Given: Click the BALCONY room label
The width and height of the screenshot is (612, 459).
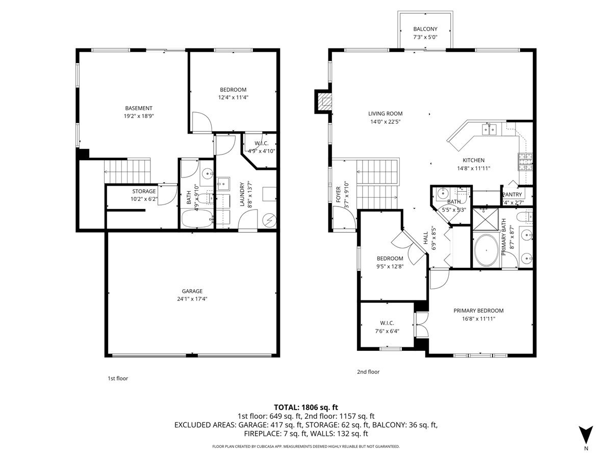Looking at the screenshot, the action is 425,29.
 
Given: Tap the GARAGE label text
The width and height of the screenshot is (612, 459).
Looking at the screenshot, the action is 192,291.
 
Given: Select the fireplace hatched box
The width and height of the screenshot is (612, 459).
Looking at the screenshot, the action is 325,101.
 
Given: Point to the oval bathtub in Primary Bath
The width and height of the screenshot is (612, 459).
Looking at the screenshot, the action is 486,250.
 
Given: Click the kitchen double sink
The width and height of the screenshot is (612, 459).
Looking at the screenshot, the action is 489,130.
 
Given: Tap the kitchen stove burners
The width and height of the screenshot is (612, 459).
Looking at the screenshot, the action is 525,162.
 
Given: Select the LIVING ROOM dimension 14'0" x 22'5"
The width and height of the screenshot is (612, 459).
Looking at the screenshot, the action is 386,121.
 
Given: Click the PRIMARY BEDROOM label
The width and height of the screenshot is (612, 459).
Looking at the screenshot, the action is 478,311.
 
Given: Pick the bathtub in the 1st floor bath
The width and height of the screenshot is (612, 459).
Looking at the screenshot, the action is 197,218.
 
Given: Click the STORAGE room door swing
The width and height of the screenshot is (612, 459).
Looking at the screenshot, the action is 168,194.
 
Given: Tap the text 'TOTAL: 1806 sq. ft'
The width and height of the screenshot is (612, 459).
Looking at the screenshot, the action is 306,407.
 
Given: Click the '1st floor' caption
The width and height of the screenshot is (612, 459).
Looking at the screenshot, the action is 118,378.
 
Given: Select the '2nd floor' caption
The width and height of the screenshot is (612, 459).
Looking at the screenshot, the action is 368,372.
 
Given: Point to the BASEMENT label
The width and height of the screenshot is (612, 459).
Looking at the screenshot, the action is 139,108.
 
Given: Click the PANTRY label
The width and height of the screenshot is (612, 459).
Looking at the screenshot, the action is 512,194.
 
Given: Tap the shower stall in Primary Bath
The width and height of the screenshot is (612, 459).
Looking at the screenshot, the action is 486,219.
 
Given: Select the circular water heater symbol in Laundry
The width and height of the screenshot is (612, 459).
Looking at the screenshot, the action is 269,220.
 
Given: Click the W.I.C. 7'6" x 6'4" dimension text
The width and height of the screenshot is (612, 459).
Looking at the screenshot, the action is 387,331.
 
